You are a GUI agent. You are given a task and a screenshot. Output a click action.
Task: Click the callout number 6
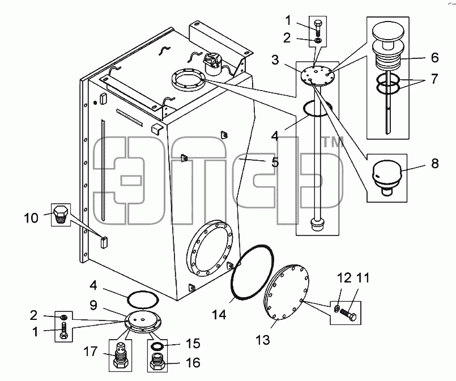(434, 58)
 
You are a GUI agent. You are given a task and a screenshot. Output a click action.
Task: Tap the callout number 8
(435, 164)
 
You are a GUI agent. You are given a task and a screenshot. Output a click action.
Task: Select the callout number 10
(31, 217)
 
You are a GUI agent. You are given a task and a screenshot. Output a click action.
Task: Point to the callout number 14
(219, 314)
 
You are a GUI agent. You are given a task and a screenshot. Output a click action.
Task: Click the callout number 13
(263, 340)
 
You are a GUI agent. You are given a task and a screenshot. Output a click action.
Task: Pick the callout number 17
(91, 352)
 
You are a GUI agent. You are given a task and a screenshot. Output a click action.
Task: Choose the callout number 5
(275, 162)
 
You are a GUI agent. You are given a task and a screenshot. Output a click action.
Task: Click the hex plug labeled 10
(61, 214)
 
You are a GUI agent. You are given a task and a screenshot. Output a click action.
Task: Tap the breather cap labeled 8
(387, 177)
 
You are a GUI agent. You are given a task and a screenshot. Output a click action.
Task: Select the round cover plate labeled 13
(287, 291)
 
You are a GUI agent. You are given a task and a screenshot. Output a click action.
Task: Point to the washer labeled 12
(337, 308)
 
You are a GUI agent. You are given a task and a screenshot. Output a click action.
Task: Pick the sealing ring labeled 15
(157, 346)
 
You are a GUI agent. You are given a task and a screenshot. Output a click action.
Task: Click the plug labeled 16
(157, 361)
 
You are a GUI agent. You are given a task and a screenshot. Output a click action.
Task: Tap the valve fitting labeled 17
(120, 355)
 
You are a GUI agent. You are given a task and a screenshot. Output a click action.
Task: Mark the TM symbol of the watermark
(333, 142)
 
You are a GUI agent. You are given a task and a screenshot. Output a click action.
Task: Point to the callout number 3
(275, 60)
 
